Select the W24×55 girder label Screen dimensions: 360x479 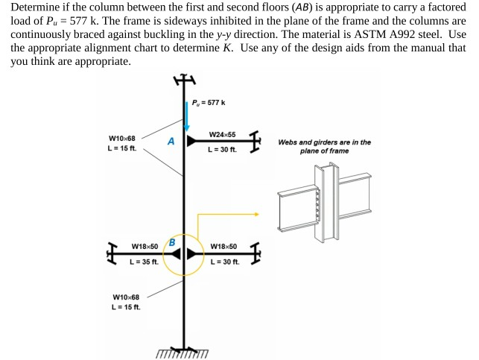[x=222, y=135]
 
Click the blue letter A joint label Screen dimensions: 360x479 [x=171, y=141]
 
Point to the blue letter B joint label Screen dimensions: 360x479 [x=172, y=241]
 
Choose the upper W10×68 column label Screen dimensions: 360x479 [x=122, y=139]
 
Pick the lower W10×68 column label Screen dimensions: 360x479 [x=125, y=297]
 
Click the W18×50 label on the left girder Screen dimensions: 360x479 [x=145, y=247]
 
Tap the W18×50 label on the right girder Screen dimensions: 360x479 [x=223, y=247]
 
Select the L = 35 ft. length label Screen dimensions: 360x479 [x=145, y=261]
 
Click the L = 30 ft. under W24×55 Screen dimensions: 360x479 [x=222, y=150]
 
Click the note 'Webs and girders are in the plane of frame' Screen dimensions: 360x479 [x=324, y=146]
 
